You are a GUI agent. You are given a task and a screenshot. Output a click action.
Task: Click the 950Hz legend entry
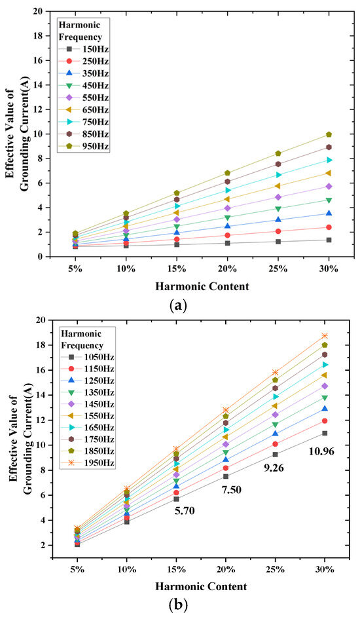point(84,146)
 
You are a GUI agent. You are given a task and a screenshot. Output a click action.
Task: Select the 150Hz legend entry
point(84,49)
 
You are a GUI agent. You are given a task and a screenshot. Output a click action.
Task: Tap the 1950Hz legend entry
point(87,462)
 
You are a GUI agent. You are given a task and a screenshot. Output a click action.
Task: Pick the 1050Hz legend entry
point(87,357)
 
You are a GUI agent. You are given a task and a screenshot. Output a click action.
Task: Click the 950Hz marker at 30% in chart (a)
point(329,134)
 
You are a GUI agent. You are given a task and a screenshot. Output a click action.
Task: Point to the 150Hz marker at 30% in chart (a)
point(329,240)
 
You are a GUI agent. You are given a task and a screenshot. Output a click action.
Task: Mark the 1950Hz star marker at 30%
point(325,335)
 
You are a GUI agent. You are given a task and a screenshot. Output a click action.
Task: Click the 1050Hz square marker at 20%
point(226,477)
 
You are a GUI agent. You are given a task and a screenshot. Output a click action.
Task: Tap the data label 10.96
point(321,451)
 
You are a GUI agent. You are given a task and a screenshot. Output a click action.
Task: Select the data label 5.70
point(185,511)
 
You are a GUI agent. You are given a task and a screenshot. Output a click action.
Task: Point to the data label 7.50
point(231,490)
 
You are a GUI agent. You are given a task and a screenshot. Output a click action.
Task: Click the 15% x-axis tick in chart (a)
point(177,269)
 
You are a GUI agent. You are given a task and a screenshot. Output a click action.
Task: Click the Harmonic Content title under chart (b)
point(201,587)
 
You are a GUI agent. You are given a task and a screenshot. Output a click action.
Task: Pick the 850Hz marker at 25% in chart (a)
point(278,164)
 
